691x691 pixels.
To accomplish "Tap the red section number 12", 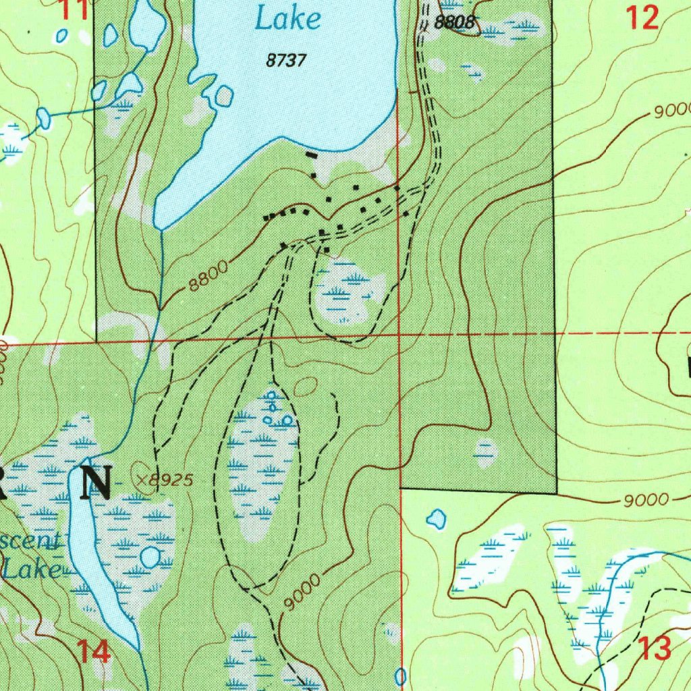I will (642, 18).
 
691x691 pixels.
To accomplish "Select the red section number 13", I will (654, 648).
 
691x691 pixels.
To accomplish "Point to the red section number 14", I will (93, 652).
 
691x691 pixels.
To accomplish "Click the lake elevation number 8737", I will (286, 61).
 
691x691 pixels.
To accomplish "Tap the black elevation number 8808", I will (454, 22).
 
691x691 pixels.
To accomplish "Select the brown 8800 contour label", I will (208, 276).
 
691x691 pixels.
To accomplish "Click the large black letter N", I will (96, 482).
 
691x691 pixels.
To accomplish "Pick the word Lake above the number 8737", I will (287, 19).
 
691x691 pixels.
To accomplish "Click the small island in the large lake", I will (223, 97).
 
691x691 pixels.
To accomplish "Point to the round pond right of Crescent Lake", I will (149, 557).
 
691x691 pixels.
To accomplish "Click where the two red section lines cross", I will (399, 335).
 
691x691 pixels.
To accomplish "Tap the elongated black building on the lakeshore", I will (310, 156).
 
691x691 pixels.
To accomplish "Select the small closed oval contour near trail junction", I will (306, 387).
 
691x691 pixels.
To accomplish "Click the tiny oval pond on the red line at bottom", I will (400, 675).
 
